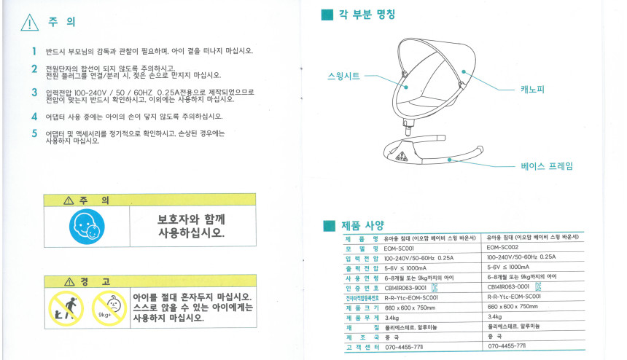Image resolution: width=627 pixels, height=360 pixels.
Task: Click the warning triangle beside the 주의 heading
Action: (x=30, y=23)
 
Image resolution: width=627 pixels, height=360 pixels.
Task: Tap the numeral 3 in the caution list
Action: (x=34, y=93)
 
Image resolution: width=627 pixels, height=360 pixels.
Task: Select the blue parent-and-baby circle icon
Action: (x=87, y=227)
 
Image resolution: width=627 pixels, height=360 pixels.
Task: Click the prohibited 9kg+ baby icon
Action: (x=109, y=308)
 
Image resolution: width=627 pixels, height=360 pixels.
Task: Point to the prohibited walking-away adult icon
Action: (x=66, y=308)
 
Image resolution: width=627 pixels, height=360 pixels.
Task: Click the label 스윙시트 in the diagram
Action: (x=343, y=76)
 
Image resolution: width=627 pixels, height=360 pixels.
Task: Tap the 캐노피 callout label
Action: (x=532, y=89)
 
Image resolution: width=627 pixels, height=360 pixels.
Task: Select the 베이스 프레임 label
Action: (x=547, y=166)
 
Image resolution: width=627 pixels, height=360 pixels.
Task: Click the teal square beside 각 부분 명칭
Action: (x=327, y=15)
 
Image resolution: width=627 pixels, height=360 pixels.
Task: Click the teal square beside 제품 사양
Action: (x=329, y=226)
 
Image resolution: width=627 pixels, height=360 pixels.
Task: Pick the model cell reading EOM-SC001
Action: (x=399, y=248)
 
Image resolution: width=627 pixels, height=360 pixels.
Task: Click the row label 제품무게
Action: (x=362, y=318)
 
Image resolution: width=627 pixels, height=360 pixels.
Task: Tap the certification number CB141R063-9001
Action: (x=405, y=288)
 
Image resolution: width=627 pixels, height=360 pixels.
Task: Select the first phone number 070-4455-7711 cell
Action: (x=404, y=347)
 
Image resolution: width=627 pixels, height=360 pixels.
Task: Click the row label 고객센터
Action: (x=362, y=347)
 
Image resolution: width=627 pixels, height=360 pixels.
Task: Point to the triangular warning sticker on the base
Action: (x=402, y=156)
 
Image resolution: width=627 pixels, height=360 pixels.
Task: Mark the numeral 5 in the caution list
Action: (x=34, y=133)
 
